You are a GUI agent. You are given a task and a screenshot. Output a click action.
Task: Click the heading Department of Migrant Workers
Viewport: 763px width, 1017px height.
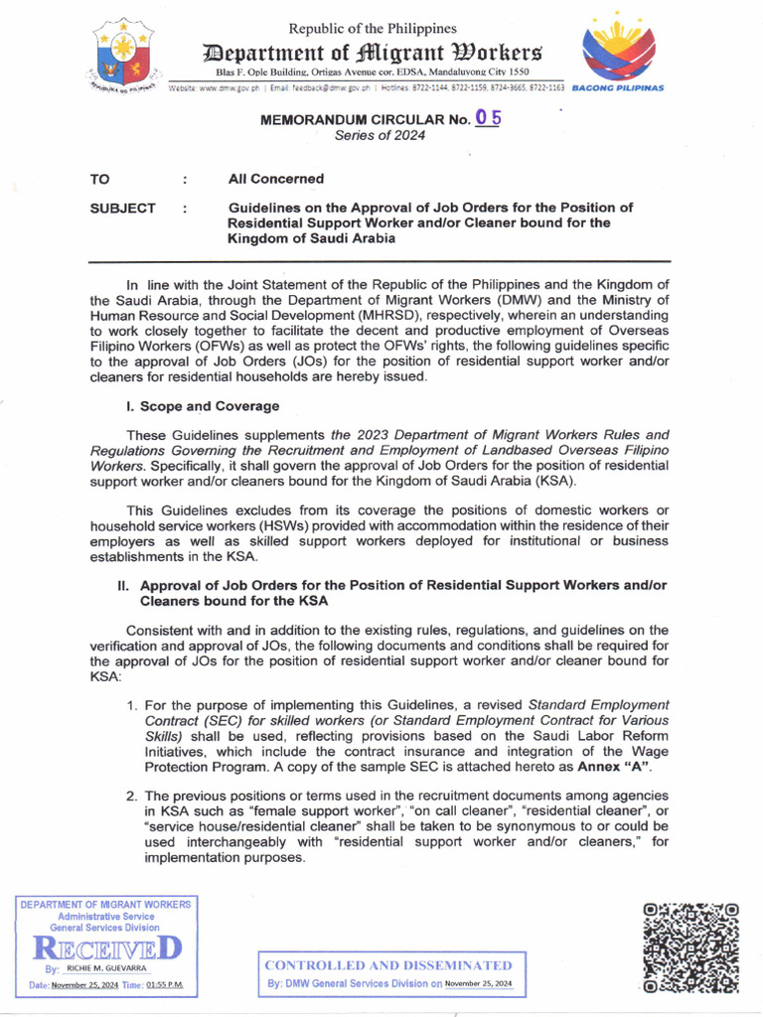(373, 52)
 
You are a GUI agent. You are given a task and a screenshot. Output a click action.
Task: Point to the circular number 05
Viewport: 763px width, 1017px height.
(488, 117)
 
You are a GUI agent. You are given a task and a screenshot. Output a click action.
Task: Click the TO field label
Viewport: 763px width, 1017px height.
(100, 179)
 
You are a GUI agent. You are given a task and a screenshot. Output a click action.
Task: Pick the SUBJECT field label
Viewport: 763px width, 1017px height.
(122, 208)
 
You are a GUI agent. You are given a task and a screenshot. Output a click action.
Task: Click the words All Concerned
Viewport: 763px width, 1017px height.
(276, 179)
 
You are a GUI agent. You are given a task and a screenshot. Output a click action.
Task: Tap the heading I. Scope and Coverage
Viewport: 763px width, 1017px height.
(203, 406)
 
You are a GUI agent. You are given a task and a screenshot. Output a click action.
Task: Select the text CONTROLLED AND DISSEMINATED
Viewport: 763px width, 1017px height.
(389, 964)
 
